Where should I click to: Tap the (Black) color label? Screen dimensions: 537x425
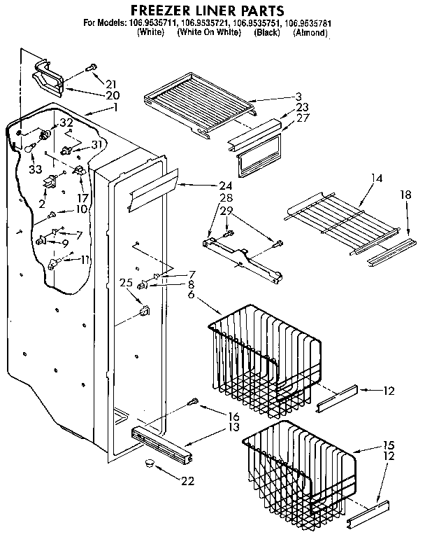[x=266, y=32]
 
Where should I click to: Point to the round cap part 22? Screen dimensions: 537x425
[x=148, y=463]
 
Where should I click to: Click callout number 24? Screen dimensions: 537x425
[x=223, y=186]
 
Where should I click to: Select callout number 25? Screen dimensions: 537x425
[x=125, y=284]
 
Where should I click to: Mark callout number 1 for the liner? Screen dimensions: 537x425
[x=115, y=108]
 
